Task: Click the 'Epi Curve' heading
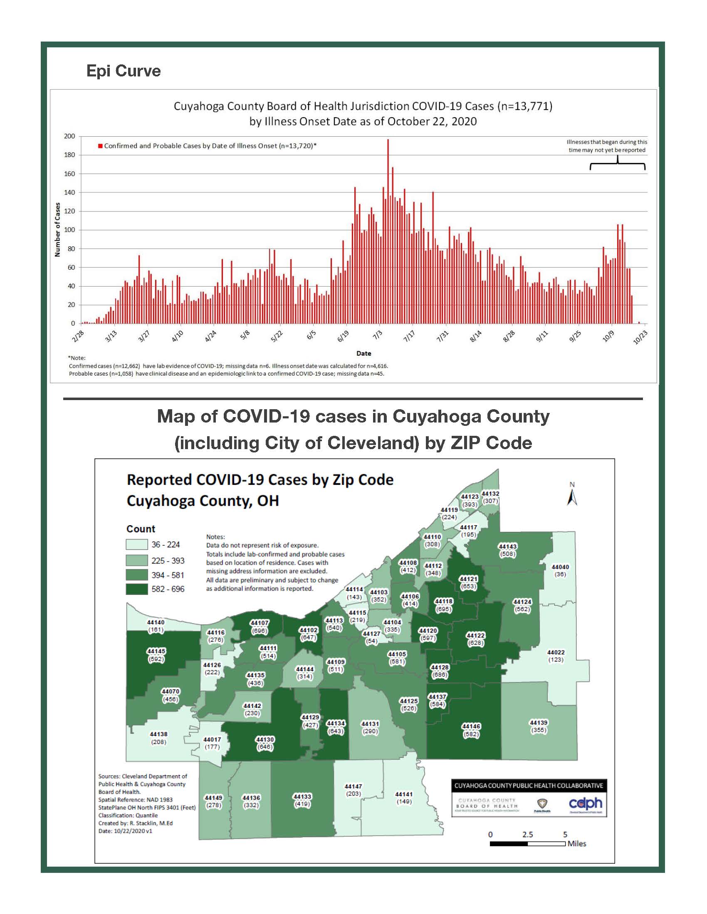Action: (123, 71)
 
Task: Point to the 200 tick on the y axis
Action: (69, 136)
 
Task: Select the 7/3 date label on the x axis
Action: (377, 335)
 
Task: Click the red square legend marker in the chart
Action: (101, 146)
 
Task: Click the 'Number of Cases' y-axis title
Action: (57, 230)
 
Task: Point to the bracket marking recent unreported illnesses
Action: (617, 164)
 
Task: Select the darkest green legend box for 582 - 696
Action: (137, 589)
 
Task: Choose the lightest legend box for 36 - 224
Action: (137, 545)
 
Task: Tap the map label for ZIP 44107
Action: (259, 627)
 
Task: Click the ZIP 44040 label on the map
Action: (560, 570)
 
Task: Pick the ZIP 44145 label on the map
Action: (156, 655)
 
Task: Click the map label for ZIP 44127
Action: (371, 637)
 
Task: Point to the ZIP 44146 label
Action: (471, 730)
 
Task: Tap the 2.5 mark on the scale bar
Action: (527, 835)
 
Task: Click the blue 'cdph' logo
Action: (586, 803)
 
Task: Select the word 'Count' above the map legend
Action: (141, 529)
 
